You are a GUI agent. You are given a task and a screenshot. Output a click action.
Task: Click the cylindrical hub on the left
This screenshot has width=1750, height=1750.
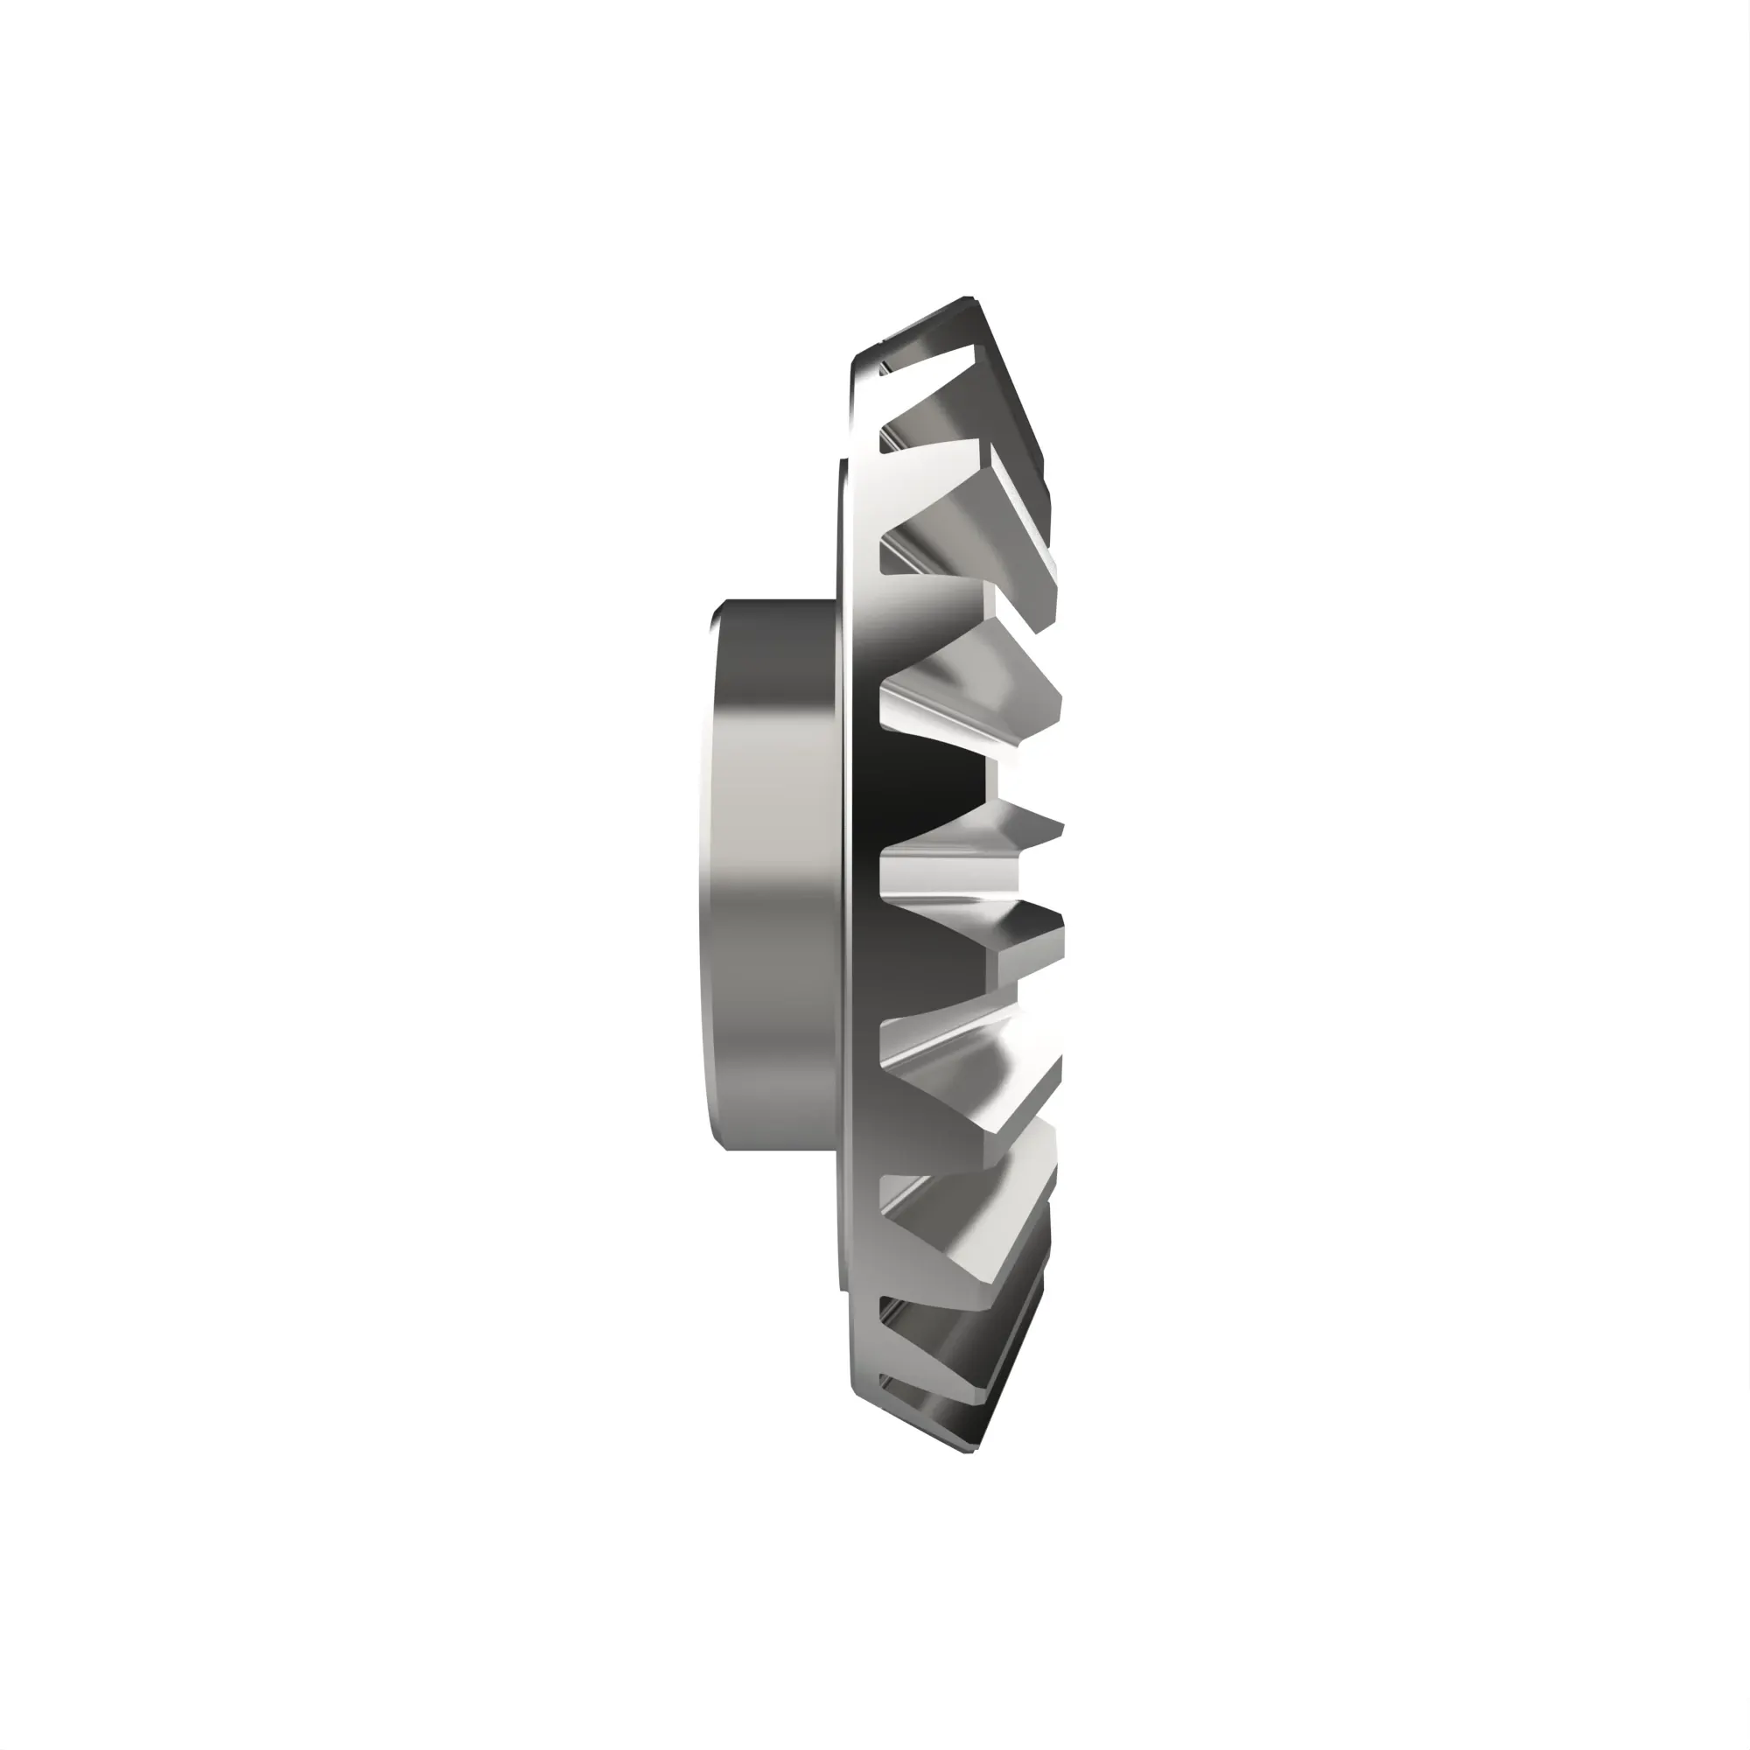pyautogui.click(x=770, y=874)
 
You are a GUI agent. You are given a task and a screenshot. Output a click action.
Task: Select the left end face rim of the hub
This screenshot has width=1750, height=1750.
pyautogui.click(x=706, y=874)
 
